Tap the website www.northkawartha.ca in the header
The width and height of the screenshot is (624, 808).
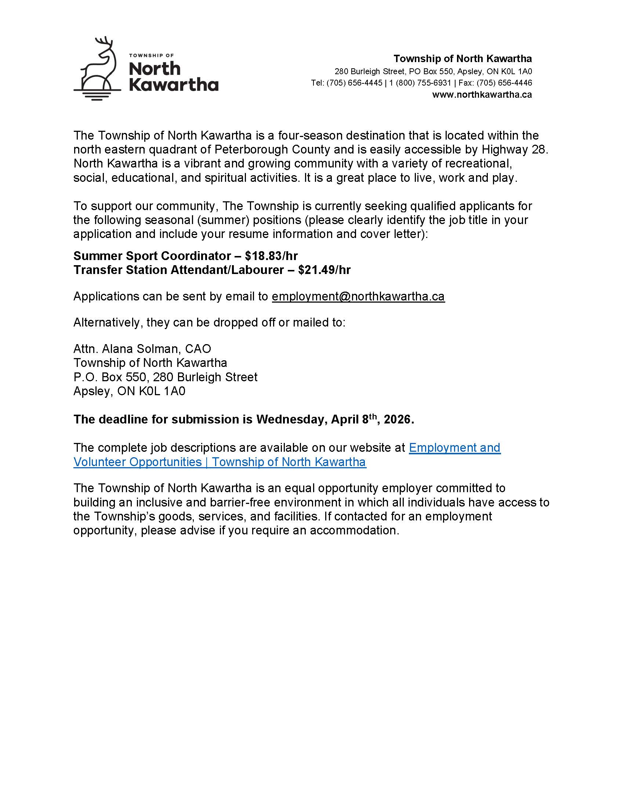(x=482, y=95)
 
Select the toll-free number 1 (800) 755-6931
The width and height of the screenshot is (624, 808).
(x=420, y=83)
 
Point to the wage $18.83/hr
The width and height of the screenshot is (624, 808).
(x=271, y=256)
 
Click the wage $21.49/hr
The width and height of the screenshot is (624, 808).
(x=324, y=270)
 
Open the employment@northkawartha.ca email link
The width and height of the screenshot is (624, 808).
(x=358, y=296)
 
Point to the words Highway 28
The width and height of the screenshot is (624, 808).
(x=513, y=149)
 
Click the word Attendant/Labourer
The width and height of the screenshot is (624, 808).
(x=227, y=270)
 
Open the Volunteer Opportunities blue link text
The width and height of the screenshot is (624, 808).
(x=138, y=462)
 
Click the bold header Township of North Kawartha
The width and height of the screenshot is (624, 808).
(x=462, y=59)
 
